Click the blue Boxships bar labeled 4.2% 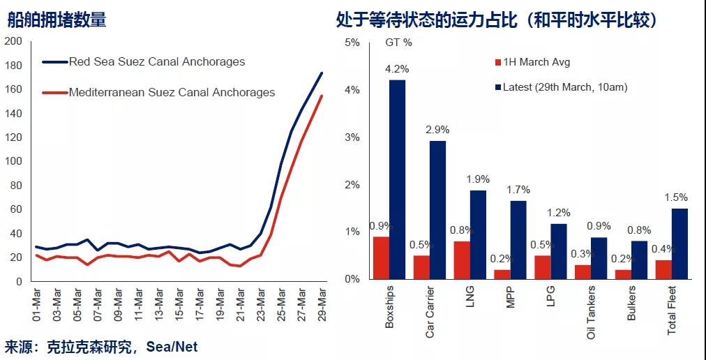coord(397,179)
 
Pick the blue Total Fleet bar coord(680,243)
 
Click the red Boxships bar coord(381,257)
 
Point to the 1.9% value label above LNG coord(477,179)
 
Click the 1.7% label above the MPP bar coord(518,189)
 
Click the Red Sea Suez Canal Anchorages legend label coord(157,61)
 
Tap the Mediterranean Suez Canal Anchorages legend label coord(172,92)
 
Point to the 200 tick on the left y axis coord(13,42)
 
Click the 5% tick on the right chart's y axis coord(352,43)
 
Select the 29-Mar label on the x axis coord(321,304)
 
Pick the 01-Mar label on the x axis coord(37,304)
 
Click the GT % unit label coord(398,43)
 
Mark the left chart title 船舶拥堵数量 coord(57,20)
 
